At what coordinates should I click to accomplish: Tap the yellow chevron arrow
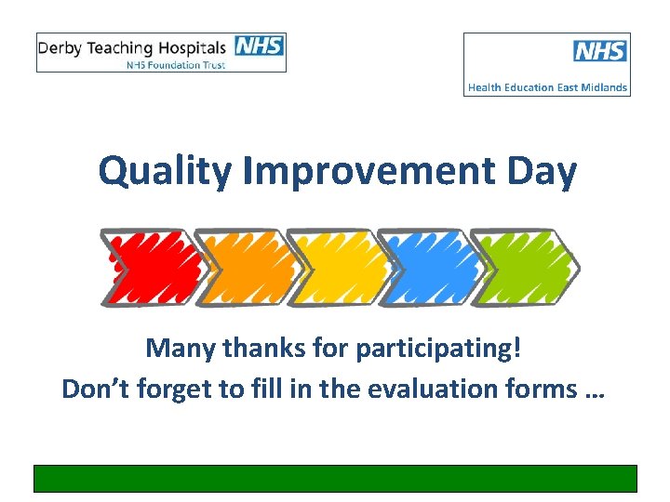(337, 268)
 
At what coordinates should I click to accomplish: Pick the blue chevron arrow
(428, 268)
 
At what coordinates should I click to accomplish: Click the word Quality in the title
(164, 172)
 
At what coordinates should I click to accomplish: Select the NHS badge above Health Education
(600, 51)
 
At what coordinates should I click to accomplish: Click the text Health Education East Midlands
(547, 87)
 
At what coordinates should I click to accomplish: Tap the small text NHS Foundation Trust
(177, 64)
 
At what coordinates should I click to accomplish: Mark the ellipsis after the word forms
(592, 390)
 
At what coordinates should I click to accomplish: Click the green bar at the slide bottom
(335, 478)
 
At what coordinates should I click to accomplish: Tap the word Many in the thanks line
(178, 350)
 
